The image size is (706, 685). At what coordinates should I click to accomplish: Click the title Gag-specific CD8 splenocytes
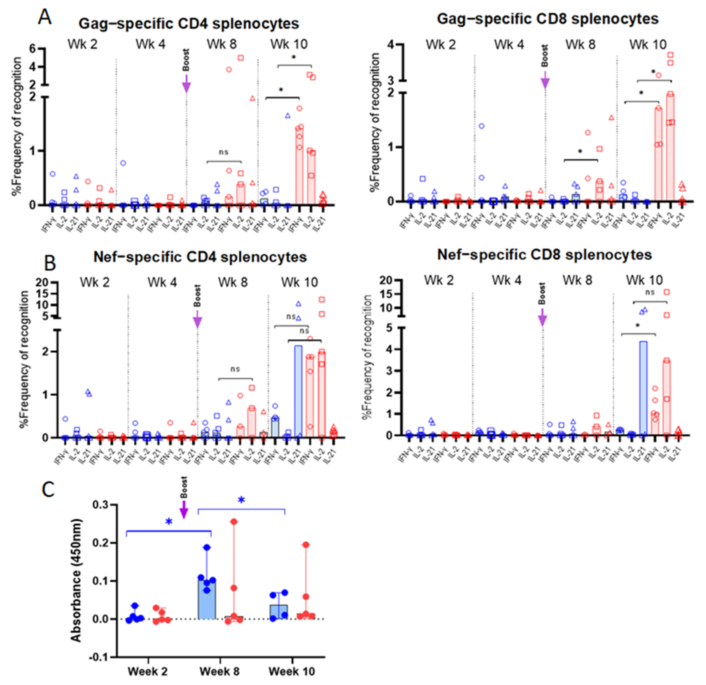click(548, 19)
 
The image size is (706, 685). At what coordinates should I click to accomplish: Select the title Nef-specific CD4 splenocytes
click(200, 257)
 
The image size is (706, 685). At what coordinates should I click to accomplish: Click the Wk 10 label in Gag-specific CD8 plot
click(648, 45)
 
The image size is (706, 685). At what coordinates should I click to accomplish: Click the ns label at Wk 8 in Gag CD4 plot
click(224, 152)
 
